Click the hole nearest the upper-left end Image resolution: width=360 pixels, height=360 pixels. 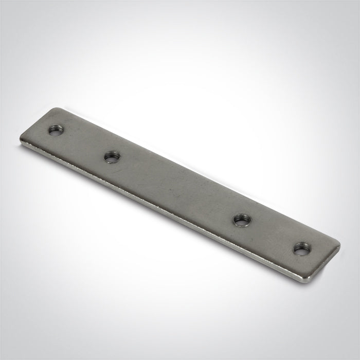(x=55, y=131)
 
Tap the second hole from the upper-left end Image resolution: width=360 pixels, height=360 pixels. (x=111, y=157)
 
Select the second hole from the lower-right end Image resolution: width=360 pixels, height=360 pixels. (x=240, y=220)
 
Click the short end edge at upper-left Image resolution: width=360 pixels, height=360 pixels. (x=39, y=125)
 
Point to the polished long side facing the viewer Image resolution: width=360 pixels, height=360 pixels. (x=170, y=216)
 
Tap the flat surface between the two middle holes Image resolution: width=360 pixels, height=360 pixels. (x=175, y=188)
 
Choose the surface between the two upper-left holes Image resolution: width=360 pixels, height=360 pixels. (x=82, y=144)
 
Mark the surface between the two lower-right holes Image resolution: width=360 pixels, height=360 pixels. (x=270, y=235)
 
